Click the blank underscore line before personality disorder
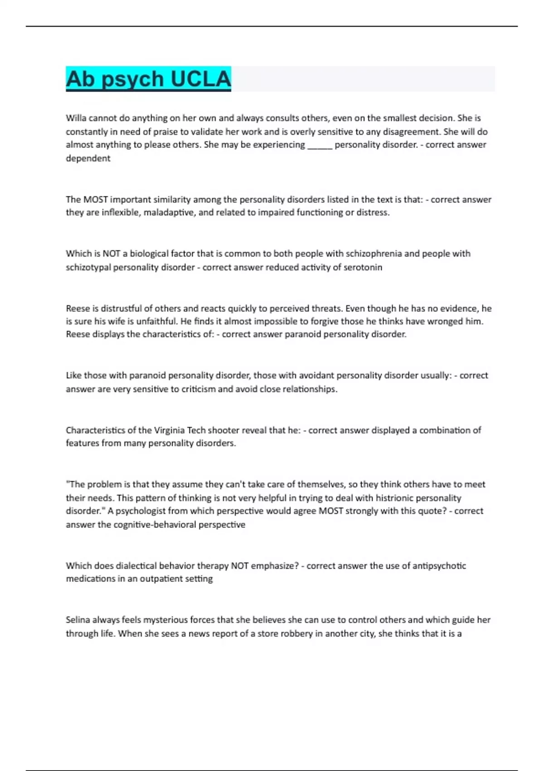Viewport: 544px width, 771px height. pos(320,145)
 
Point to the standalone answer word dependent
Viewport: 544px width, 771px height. pos(88,158)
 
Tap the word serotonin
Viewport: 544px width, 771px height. pos(363,267)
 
